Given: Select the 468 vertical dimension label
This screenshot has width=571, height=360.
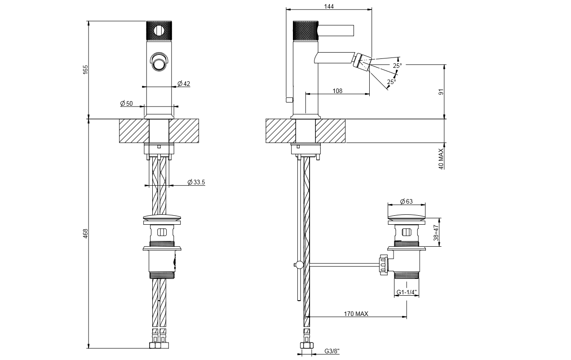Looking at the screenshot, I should [85, 233].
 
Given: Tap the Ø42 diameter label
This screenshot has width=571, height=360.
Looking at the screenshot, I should [184, 84].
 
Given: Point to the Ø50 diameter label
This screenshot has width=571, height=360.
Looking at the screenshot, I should [126, 103].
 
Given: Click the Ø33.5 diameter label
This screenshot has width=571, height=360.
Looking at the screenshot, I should [196, 182].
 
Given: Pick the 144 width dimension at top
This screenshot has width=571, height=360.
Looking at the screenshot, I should [329, 6].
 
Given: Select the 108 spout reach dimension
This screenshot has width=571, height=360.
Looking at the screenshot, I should [337, 91].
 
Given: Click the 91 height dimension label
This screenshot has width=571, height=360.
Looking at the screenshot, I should [441, 92].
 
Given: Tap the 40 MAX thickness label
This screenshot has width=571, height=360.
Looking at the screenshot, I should [441, 160].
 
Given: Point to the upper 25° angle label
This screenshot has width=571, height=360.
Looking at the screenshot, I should [397, 66].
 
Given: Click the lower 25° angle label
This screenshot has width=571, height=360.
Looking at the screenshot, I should [392, 82].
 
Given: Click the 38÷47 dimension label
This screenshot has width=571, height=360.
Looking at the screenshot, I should [436, 232].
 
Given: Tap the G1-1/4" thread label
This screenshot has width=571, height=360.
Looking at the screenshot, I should [407, 293].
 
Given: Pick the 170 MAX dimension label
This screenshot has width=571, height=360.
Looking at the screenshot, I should [355, 314].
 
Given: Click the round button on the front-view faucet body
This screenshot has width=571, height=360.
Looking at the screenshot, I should [159, 64].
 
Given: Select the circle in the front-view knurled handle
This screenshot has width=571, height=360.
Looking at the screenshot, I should [159, 31].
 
